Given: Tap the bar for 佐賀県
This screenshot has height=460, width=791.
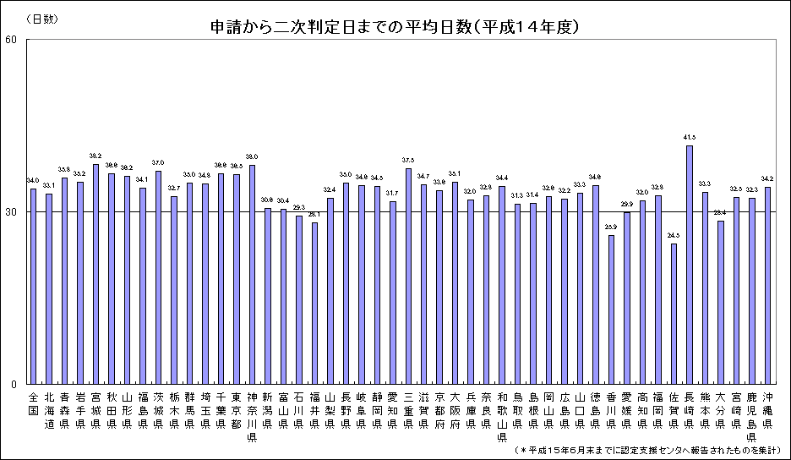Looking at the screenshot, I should point(674,313).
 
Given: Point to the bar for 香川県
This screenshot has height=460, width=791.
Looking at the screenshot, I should point(611,309).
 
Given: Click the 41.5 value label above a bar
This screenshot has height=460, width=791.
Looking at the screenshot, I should point(690,137).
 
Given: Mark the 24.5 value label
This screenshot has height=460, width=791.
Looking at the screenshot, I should point(674,235).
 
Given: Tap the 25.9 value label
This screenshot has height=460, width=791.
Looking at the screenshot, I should point(611,227).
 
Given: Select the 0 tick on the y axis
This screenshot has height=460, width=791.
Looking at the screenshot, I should point(14,384).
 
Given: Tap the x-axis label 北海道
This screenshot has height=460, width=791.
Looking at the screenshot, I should point(48,409).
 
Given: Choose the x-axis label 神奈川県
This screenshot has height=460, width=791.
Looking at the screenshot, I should point(252,415).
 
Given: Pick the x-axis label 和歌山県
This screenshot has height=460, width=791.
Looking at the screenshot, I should point(502,415).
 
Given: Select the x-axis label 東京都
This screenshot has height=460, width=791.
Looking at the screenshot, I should point(236,409).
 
